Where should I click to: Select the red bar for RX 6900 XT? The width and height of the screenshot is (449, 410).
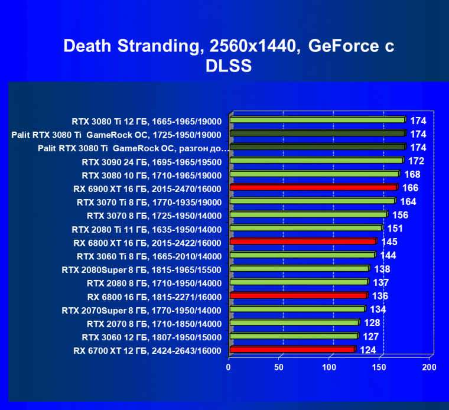point(313,188)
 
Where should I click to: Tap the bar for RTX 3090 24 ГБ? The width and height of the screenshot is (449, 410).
point(316,161)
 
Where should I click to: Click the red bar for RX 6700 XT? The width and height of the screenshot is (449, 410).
point(292,350)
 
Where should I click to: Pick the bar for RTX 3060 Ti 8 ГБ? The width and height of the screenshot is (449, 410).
point(302,255)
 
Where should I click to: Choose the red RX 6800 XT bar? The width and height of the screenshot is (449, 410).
point(302,242)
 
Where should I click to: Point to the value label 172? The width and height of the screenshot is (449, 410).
point(417,161)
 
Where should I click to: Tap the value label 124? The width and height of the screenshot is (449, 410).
point(367,350)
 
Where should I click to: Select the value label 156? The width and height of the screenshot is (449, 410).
point(400,214)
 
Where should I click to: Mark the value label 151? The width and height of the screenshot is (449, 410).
point(395,228)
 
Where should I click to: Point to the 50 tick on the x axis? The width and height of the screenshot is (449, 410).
point(279,367)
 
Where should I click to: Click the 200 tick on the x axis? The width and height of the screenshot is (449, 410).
point(429,367)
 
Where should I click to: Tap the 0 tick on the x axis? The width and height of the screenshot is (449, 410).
point(229,367)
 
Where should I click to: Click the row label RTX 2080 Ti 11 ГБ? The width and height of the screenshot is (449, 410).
point(147,229)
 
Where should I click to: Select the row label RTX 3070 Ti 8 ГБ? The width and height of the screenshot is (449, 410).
point(149,202)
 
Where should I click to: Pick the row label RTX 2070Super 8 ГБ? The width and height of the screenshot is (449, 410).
point(141,310)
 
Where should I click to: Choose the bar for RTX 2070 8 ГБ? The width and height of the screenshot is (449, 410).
point(294,323)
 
